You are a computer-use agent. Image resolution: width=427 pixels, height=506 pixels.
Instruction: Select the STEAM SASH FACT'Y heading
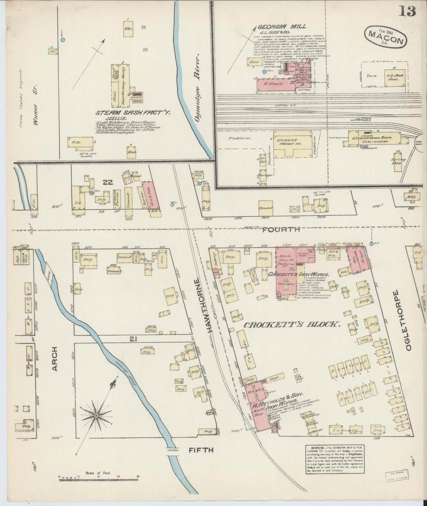click(133, 112)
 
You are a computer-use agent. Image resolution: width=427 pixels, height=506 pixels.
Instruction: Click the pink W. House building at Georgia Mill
click(275, 84)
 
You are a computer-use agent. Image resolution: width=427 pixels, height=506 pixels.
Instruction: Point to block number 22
click(108, 182)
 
